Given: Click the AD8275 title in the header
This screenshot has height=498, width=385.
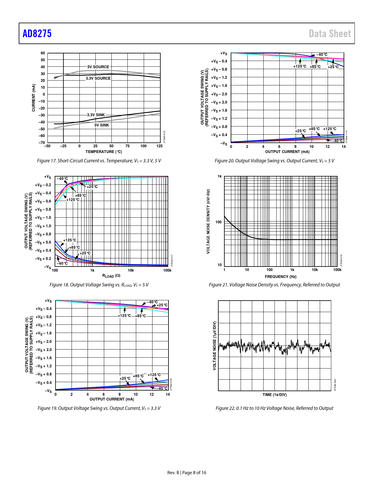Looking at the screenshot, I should [x=37, y=34].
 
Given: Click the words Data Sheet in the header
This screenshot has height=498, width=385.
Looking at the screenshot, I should [x=330, y=34].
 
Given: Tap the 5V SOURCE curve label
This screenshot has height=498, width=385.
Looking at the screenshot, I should [x=98, y=67].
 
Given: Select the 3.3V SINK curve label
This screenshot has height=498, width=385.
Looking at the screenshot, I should [x=96, y=115].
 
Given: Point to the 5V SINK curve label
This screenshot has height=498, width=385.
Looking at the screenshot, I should [x=102, y=125].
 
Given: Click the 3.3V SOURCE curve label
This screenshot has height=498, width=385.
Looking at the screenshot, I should [x=98, y=78].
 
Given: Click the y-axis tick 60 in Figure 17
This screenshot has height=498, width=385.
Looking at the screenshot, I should [x=43, y=53].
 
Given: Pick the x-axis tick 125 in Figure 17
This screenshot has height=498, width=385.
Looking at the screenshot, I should [x=159, y=146].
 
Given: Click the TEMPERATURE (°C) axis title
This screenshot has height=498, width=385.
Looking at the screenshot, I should [x=104, y=152].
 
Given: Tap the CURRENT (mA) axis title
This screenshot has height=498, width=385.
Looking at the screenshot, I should [x=34, y=98].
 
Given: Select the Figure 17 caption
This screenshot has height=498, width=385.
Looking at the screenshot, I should [x=99, y=161].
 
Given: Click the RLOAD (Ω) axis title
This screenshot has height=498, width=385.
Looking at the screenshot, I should [x=111, y=276].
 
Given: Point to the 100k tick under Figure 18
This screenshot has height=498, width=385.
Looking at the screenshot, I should [x=167, y=270].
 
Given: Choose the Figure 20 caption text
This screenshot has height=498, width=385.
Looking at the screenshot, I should [x=274, y=161].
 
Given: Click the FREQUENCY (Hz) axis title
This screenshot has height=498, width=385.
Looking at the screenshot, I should [x=281, y=277].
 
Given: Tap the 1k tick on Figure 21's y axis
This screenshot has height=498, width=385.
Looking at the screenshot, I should [x=220, y=177].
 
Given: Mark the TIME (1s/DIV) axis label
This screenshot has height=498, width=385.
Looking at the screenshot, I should [x=274, y=395].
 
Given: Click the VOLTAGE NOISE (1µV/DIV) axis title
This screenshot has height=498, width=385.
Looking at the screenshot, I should [x=214, y=346].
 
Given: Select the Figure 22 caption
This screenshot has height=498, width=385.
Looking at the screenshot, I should [x=274, y=408].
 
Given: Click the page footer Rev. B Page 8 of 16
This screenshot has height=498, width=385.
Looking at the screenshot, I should [x=187, y=473].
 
